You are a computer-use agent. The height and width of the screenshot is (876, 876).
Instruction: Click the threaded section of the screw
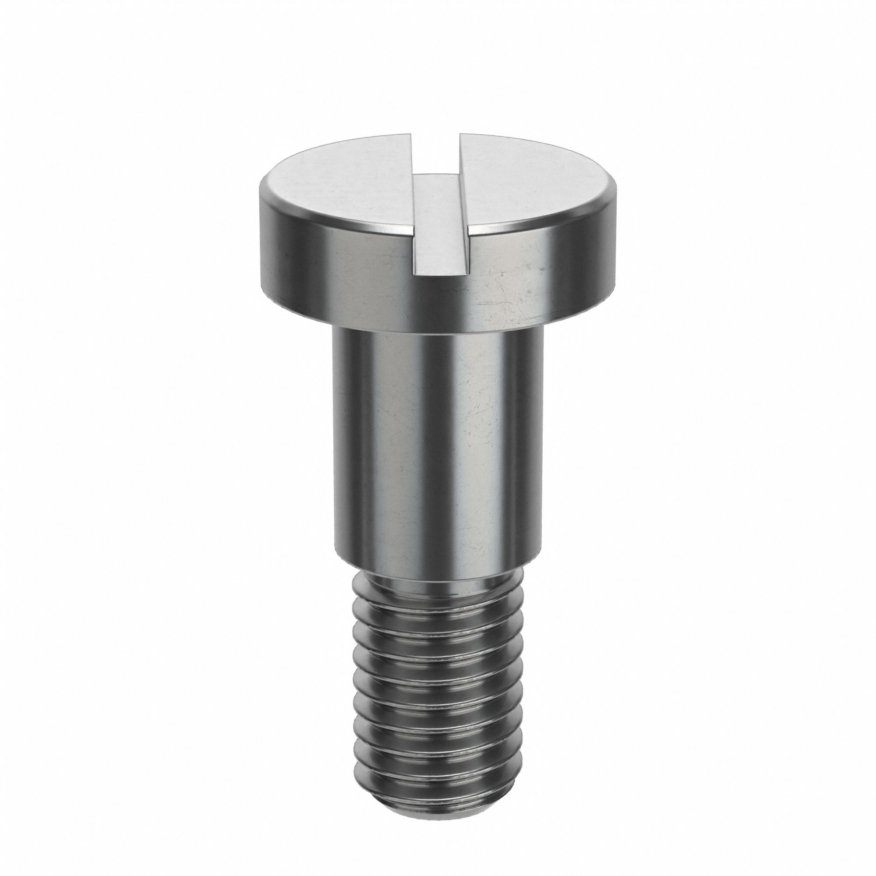tap(438, 680)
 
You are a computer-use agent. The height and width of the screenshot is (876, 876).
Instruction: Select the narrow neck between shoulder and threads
tap(438, 580)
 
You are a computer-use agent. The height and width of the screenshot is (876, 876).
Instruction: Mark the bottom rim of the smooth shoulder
tap(438, 565)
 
